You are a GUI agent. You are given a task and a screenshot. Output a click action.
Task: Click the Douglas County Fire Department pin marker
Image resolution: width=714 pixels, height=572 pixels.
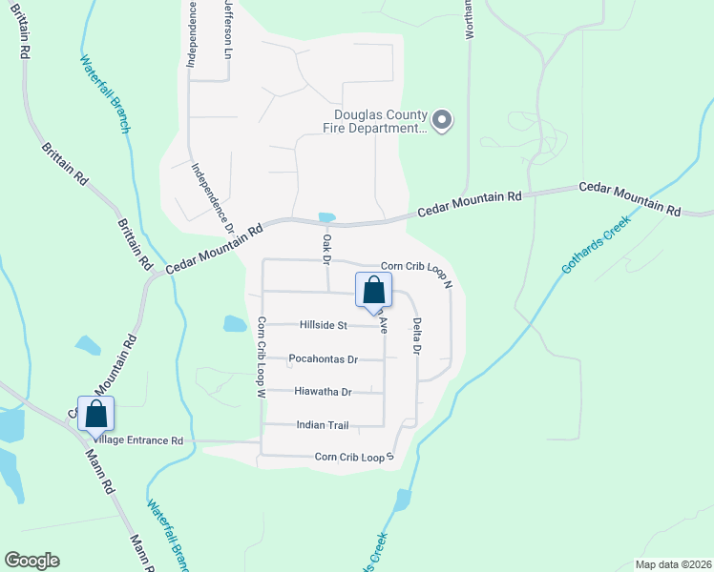[x=441, y=121]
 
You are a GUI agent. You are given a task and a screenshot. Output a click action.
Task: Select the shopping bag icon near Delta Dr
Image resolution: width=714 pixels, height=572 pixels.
[x=373, y=290]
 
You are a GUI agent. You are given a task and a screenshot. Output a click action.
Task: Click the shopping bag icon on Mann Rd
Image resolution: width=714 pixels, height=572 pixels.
[x=95, y=414]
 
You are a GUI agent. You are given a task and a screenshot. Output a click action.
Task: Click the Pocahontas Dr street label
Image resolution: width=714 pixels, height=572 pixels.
[x=323, y=359]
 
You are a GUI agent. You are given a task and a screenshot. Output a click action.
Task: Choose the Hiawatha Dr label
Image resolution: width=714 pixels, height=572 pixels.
[x=323, y=392]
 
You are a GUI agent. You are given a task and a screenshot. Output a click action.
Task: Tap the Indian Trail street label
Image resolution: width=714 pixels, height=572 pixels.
[x=323, y=425]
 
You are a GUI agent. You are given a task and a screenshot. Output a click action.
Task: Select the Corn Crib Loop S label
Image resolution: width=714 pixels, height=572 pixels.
[x=354, y=459]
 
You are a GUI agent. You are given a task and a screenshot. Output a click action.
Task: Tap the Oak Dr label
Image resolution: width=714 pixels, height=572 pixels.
[x=325, y=248]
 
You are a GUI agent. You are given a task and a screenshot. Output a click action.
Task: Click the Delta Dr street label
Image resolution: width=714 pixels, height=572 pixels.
[x=417, y=336]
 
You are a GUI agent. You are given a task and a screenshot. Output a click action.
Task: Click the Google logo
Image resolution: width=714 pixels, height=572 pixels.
[x=31, y=561]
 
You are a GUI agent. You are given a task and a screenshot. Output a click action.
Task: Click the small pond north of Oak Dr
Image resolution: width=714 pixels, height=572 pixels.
[x=326, y=216]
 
